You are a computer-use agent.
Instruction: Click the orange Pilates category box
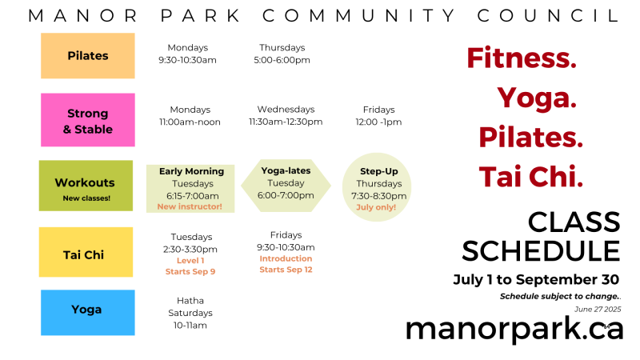88,55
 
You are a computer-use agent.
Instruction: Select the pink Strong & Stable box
88,120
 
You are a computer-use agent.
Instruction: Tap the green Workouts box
86,186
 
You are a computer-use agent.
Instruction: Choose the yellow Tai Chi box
86,252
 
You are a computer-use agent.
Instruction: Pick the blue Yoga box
88,313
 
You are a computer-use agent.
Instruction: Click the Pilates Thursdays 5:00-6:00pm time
282,54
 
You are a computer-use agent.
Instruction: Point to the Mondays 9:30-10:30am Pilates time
188,54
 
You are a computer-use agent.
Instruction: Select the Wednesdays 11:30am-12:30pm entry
286,115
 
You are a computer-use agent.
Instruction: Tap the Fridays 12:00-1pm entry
378,116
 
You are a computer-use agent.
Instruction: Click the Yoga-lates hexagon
286,186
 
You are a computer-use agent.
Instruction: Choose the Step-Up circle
377,187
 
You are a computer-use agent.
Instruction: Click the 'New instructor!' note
190,206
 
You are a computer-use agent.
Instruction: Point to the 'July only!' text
376,207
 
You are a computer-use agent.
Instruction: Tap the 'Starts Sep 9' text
190,271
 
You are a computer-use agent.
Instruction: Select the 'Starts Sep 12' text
286,270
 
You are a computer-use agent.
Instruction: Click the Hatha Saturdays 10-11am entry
190,313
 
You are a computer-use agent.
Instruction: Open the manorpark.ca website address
514,330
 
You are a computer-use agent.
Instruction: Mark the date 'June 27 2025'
598,310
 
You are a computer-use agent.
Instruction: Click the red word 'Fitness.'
522,58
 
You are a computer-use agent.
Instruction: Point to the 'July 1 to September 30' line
536,279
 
